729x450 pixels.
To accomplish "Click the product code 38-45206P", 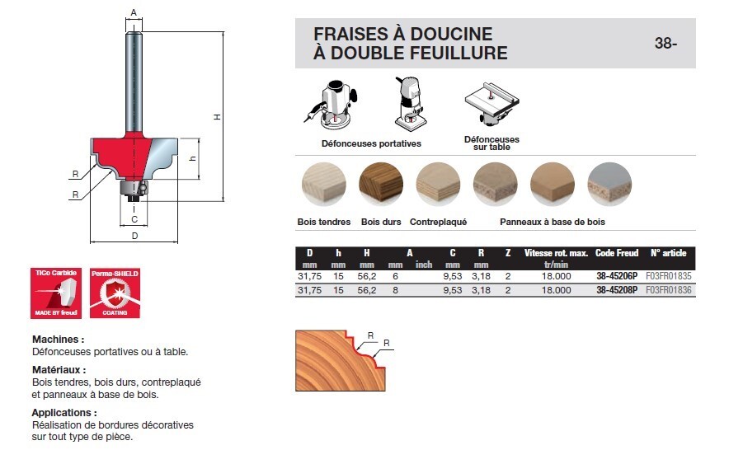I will coord(616,279).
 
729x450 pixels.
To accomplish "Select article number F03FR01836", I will coord(668,290).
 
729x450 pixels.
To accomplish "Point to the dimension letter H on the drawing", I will coord(217,117).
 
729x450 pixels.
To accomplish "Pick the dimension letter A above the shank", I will coord(133,12).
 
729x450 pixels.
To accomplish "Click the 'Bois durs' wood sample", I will coord(380,183).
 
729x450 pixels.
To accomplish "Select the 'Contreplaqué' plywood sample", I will coord(438,183).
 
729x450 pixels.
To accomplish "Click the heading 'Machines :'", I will coord(58,340).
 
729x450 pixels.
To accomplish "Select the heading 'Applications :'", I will coord(64,412).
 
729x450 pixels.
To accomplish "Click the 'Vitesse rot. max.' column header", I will coord(556,253).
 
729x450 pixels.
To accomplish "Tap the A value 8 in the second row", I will coord(395,290).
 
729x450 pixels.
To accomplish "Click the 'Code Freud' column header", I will coord(616,253).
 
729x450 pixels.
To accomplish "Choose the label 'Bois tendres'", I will coord(323,222).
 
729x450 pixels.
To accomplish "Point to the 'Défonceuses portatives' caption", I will coord(371,143).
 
